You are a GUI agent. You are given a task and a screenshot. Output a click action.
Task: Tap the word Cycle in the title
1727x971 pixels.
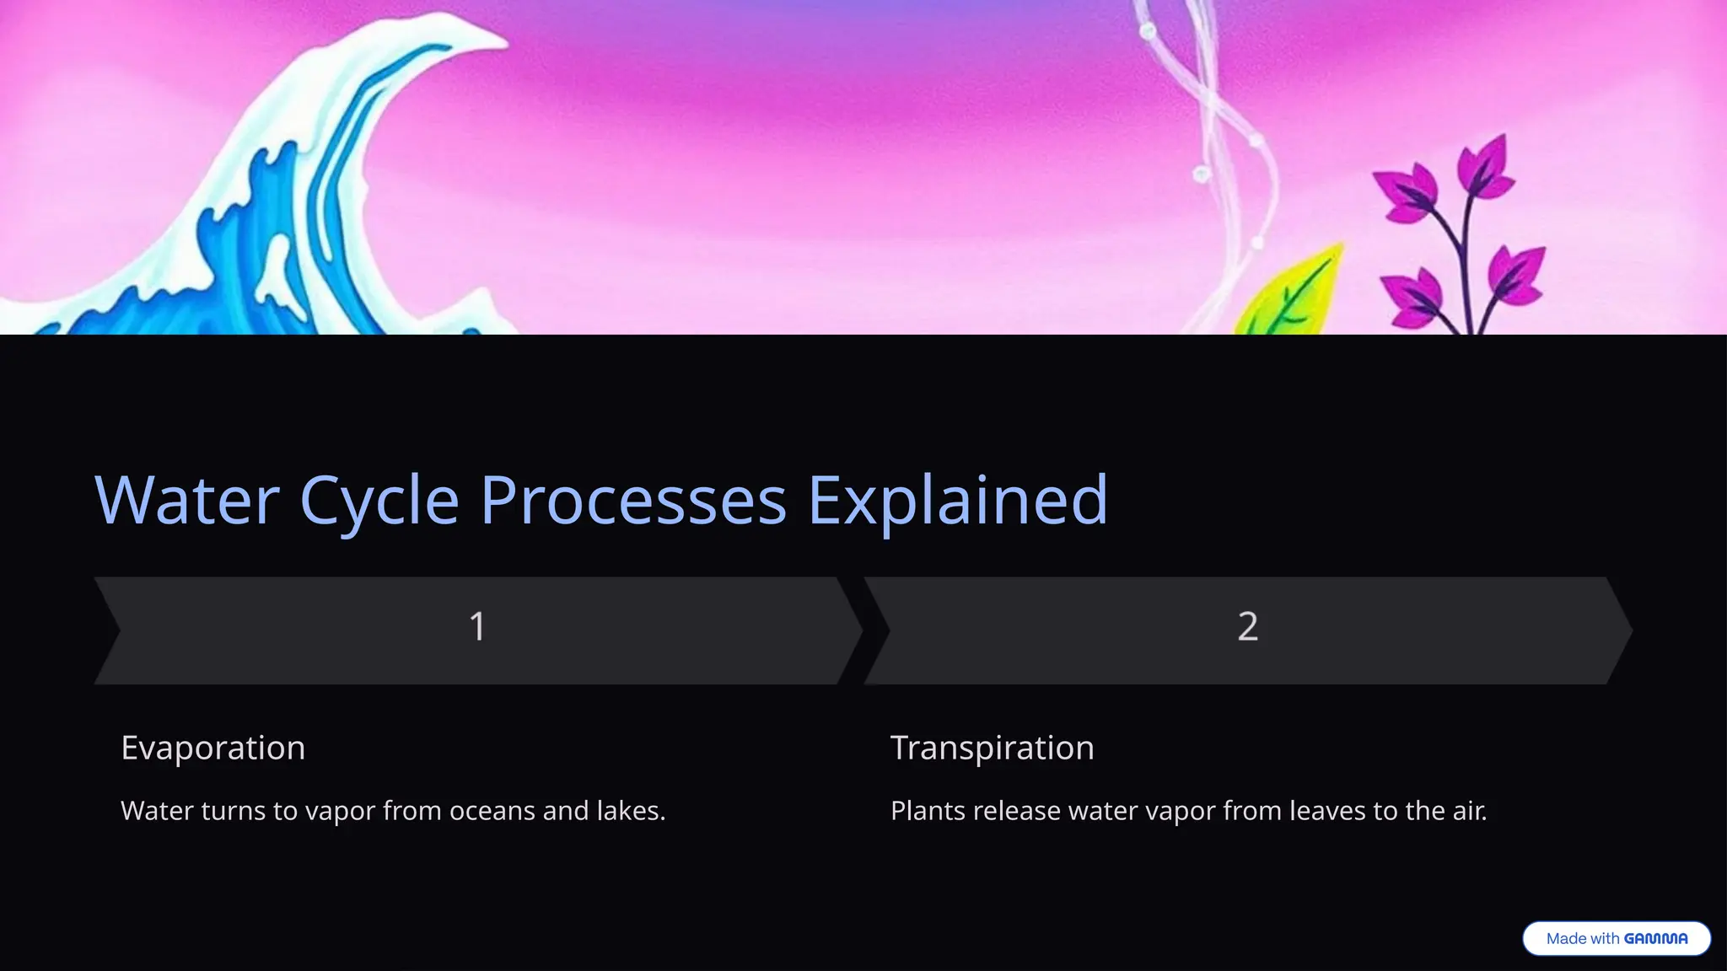(379, 502)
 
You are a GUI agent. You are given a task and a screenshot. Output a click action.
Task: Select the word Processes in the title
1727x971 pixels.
(633, 502)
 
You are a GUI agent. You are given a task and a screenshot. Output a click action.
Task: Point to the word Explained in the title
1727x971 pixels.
(957, 502)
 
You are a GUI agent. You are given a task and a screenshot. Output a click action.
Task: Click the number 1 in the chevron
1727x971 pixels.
(477, 627)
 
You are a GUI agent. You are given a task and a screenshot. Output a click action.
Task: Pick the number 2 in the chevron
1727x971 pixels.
(1247, 627)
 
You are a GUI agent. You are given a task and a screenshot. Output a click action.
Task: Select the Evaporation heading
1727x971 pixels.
(213, 748)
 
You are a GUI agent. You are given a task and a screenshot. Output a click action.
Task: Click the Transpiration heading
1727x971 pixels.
(992, 748)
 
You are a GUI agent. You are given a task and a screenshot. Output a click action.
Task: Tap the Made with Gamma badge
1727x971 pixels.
(1616, 939)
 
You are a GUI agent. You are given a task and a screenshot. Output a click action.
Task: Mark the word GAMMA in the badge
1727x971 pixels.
(1655, 939)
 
